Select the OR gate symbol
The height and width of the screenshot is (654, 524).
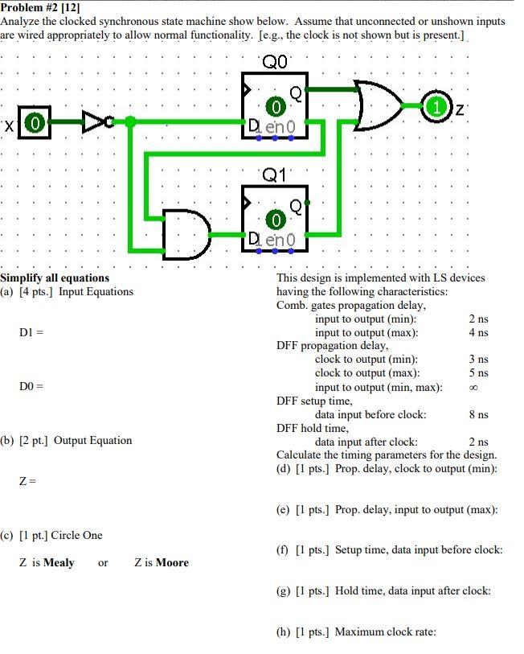click(x=378, y=105)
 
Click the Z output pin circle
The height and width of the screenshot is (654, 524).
click(x=437, y=105)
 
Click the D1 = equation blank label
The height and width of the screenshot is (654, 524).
click(x=31, y=332)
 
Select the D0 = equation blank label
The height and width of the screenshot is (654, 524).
click(x=31, y=387)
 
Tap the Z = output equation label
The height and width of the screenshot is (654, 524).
click(x=28, y=481)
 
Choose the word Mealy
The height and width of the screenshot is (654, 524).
click(x=59, y=563)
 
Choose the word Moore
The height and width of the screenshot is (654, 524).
click(x=172, y=563)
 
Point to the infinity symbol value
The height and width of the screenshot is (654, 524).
click(x=473, y=387)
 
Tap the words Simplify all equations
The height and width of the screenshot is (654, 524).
click(x=55, y=278)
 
